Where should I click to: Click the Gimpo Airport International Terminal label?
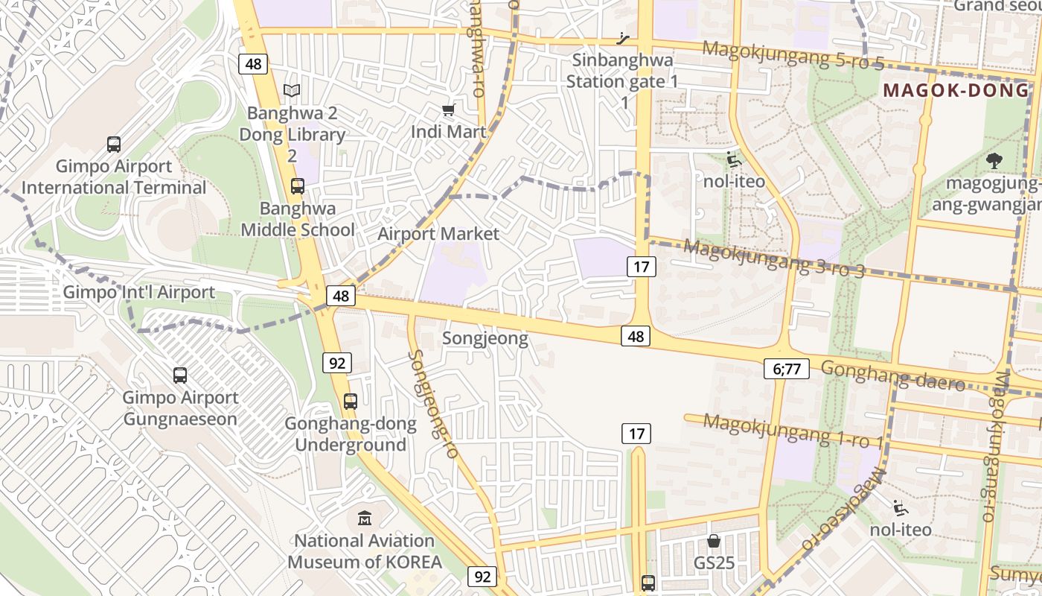pyautogui.click(x=113, y=177)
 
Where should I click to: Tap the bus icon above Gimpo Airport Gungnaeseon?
pyautogui.click(x=180, y=375)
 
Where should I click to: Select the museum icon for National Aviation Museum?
pyautogui.click(x=365, y=518)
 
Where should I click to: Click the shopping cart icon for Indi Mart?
pyautogui.click(x=448, y=110)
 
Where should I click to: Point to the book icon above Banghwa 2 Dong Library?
pyautogui.click(x=292, y=91)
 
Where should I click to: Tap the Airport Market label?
pyautogui.click(x=438, y=234)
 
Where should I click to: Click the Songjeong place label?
pyautogui.click(x=485, y=338)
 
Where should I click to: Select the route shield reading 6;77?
pyautogui.click(x=786, y=368)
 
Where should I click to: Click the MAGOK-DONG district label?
pyautogui.click(x=955, y=91)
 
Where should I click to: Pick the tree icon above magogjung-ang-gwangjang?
pyautogui.click(x=993, y=159)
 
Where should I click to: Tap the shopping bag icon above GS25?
pyautogui.click(x=714, y=541)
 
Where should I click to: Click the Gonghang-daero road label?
pyautogui.click(x=893, y=375)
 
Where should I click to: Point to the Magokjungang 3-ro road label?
pyautogui.click(x=774, y=258)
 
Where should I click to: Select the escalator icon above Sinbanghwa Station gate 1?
pyautogui.click(x=624, y=39)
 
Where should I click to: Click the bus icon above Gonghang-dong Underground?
pyautogui.click(x=351, y=402)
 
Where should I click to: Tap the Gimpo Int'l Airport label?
pyautogui.click(x=138, y=292)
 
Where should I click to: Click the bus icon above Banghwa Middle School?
pyautogui.click(x=298, y=186)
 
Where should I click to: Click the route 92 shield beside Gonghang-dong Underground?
pyautogui.click(x=337, y=363)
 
